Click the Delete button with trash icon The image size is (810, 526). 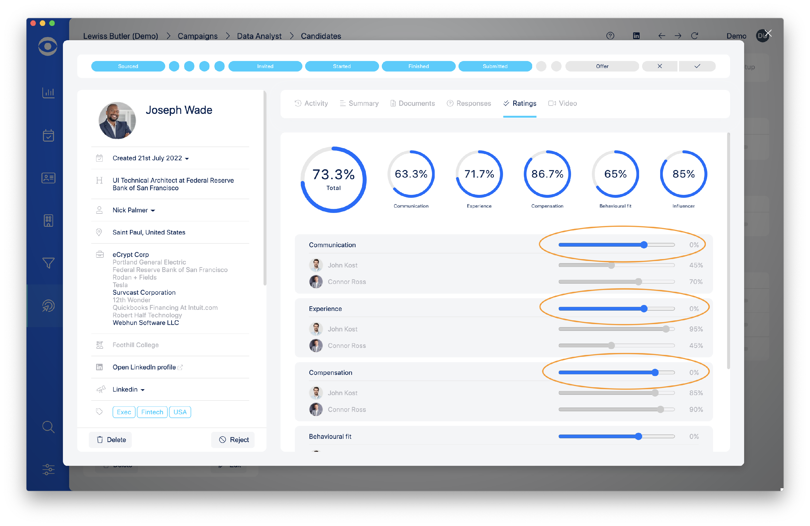coord(111,440)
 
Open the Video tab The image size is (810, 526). coord(563,103)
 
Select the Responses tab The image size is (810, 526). coord(469,103)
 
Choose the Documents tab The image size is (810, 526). coord(413,103)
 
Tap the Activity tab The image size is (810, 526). coord(311,103)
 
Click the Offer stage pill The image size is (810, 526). coord(602,66)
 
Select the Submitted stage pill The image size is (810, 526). coord(495,66)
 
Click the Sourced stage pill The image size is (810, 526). coord(128,66)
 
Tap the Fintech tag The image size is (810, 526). coord(152,412)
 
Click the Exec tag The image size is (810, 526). coord(124,412)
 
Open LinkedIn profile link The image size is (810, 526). coord(144,367)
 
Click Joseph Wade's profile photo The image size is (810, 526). coord(117,121)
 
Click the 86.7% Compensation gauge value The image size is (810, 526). coord(547,174)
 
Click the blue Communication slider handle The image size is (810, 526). coord(644,245)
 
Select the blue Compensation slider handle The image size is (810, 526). coord(655,372)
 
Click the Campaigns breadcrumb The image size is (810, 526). coord(197,36)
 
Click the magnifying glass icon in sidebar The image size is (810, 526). coord(48,427)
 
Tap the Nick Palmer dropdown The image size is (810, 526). coord(133,210)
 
